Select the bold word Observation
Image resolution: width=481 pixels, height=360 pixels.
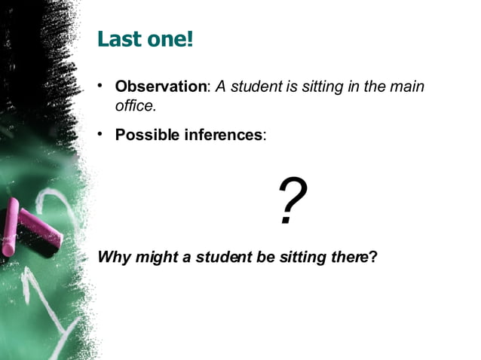pos(161,87)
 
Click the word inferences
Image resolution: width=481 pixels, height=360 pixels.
pos(223,136)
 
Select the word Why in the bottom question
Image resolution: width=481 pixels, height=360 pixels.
pos(114,258)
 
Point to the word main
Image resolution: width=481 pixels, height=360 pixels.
pos(408,87)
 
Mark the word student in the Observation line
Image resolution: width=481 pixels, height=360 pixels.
pos(256,87)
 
